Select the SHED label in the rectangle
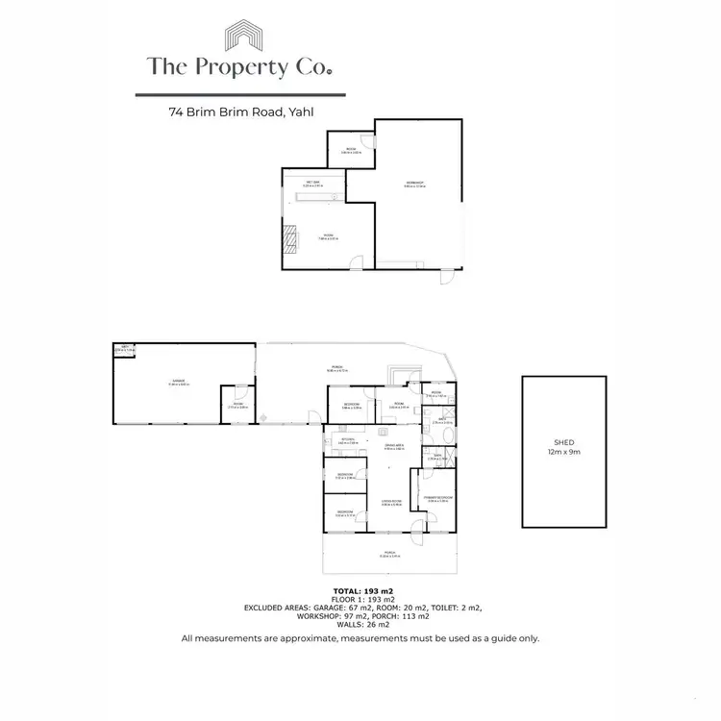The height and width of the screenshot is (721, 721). (563, 444)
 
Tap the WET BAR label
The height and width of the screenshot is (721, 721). (313, 183)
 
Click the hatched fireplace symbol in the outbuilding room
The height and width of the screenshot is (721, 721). (290, 236)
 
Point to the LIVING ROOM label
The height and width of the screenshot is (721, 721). (389, 501)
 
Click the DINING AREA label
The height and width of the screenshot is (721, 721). (394, 445)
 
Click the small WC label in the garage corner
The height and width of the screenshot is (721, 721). (124, 348)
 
